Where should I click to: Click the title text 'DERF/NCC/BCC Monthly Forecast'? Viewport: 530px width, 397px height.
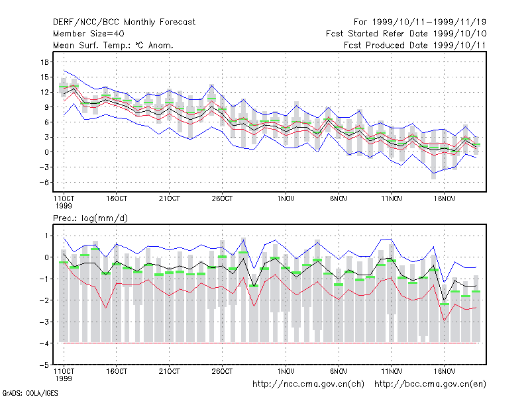[124, 22]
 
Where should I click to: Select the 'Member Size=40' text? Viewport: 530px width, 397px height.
[89, 34]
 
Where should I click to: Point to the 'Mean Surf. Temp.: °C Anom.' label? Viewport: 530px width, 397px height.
[113, 45]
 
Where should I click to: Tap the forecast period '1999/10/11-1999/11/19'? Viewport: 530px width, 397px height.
[429, 22]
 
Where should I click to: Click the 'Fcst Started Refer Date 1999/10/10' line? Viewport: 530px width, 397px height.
[406, 34]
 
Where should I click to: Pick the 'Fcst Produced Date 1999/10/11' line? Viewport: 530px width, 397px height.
[415, 45]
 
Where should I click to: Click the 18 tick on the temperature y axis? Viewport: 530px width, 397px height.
[44, 62]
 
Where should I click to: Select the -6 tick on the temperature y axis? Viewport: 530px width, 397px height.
[44, 183]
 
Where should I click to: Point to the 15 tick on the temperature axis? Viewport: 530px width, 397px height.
[44, 77]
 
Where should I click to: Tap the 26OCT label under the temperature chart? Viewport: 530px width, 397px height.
[222, 198]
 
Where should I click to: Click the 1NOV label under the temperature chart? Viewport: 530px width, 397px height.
[286, 198]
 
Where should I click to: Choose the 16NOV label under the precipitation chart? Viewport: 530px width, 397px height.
[444, 371]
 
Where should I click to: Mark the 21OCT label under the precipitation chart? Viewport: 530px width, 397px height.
[170, 371]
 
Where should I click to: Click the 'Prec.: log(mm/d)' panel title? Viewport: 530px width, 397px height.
[90, 218]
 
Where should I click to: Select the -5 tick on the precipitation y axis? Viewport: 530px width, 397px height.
[44, 365]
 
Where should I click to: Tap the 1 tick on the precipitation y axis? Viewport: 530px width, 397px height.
[46, 236]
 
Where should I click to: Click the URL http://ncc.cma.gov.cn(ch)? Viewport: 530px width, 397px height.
[308, 384]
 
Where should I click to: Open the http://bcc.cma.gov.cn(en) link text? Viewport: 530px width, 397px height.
[430, 384]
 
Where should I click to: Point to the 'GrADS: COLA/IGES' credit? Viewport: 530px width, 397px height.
[30, 393]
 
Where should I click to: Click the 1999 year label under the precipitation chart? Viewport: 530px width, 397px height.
[64, 378]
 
